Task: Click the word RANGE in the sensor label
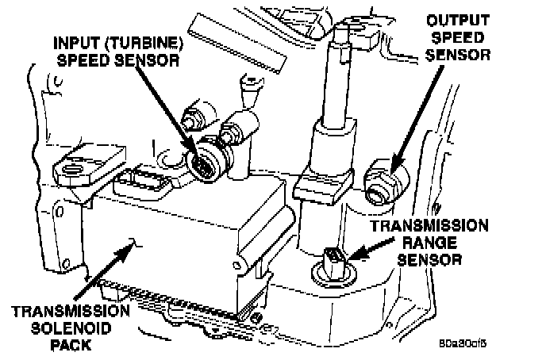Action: point(432,242)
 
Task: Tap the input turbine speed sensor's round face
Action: point(205,163)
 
